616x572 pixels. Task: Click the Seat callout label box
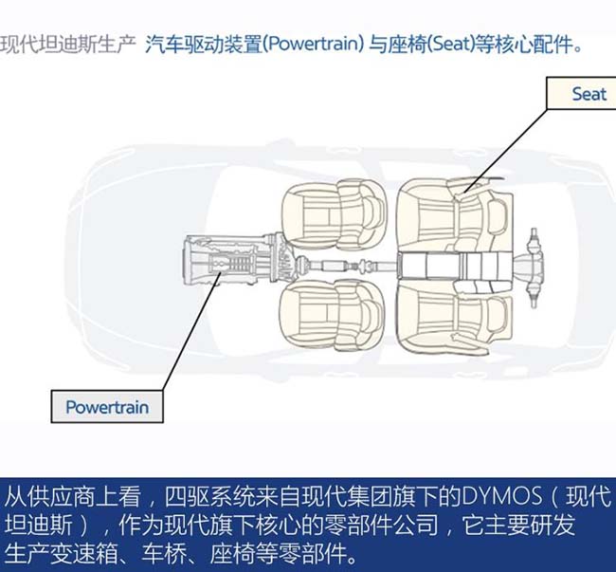click(x=582, y=93)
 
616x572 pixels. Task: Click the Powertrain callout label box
click(x=107, y=407)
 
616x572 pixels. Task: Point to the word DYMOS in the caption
click(x=501, y=497)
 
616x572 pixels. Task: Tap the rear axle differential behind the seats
click(x=531, y=268)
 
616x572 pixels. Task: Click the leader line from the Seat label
click(x=505, y=151)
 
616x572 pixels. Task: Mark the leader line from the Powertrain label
click(x=191, y=331)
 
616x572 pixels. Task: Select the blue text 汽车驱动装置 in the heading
click(x=203, y=44)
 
